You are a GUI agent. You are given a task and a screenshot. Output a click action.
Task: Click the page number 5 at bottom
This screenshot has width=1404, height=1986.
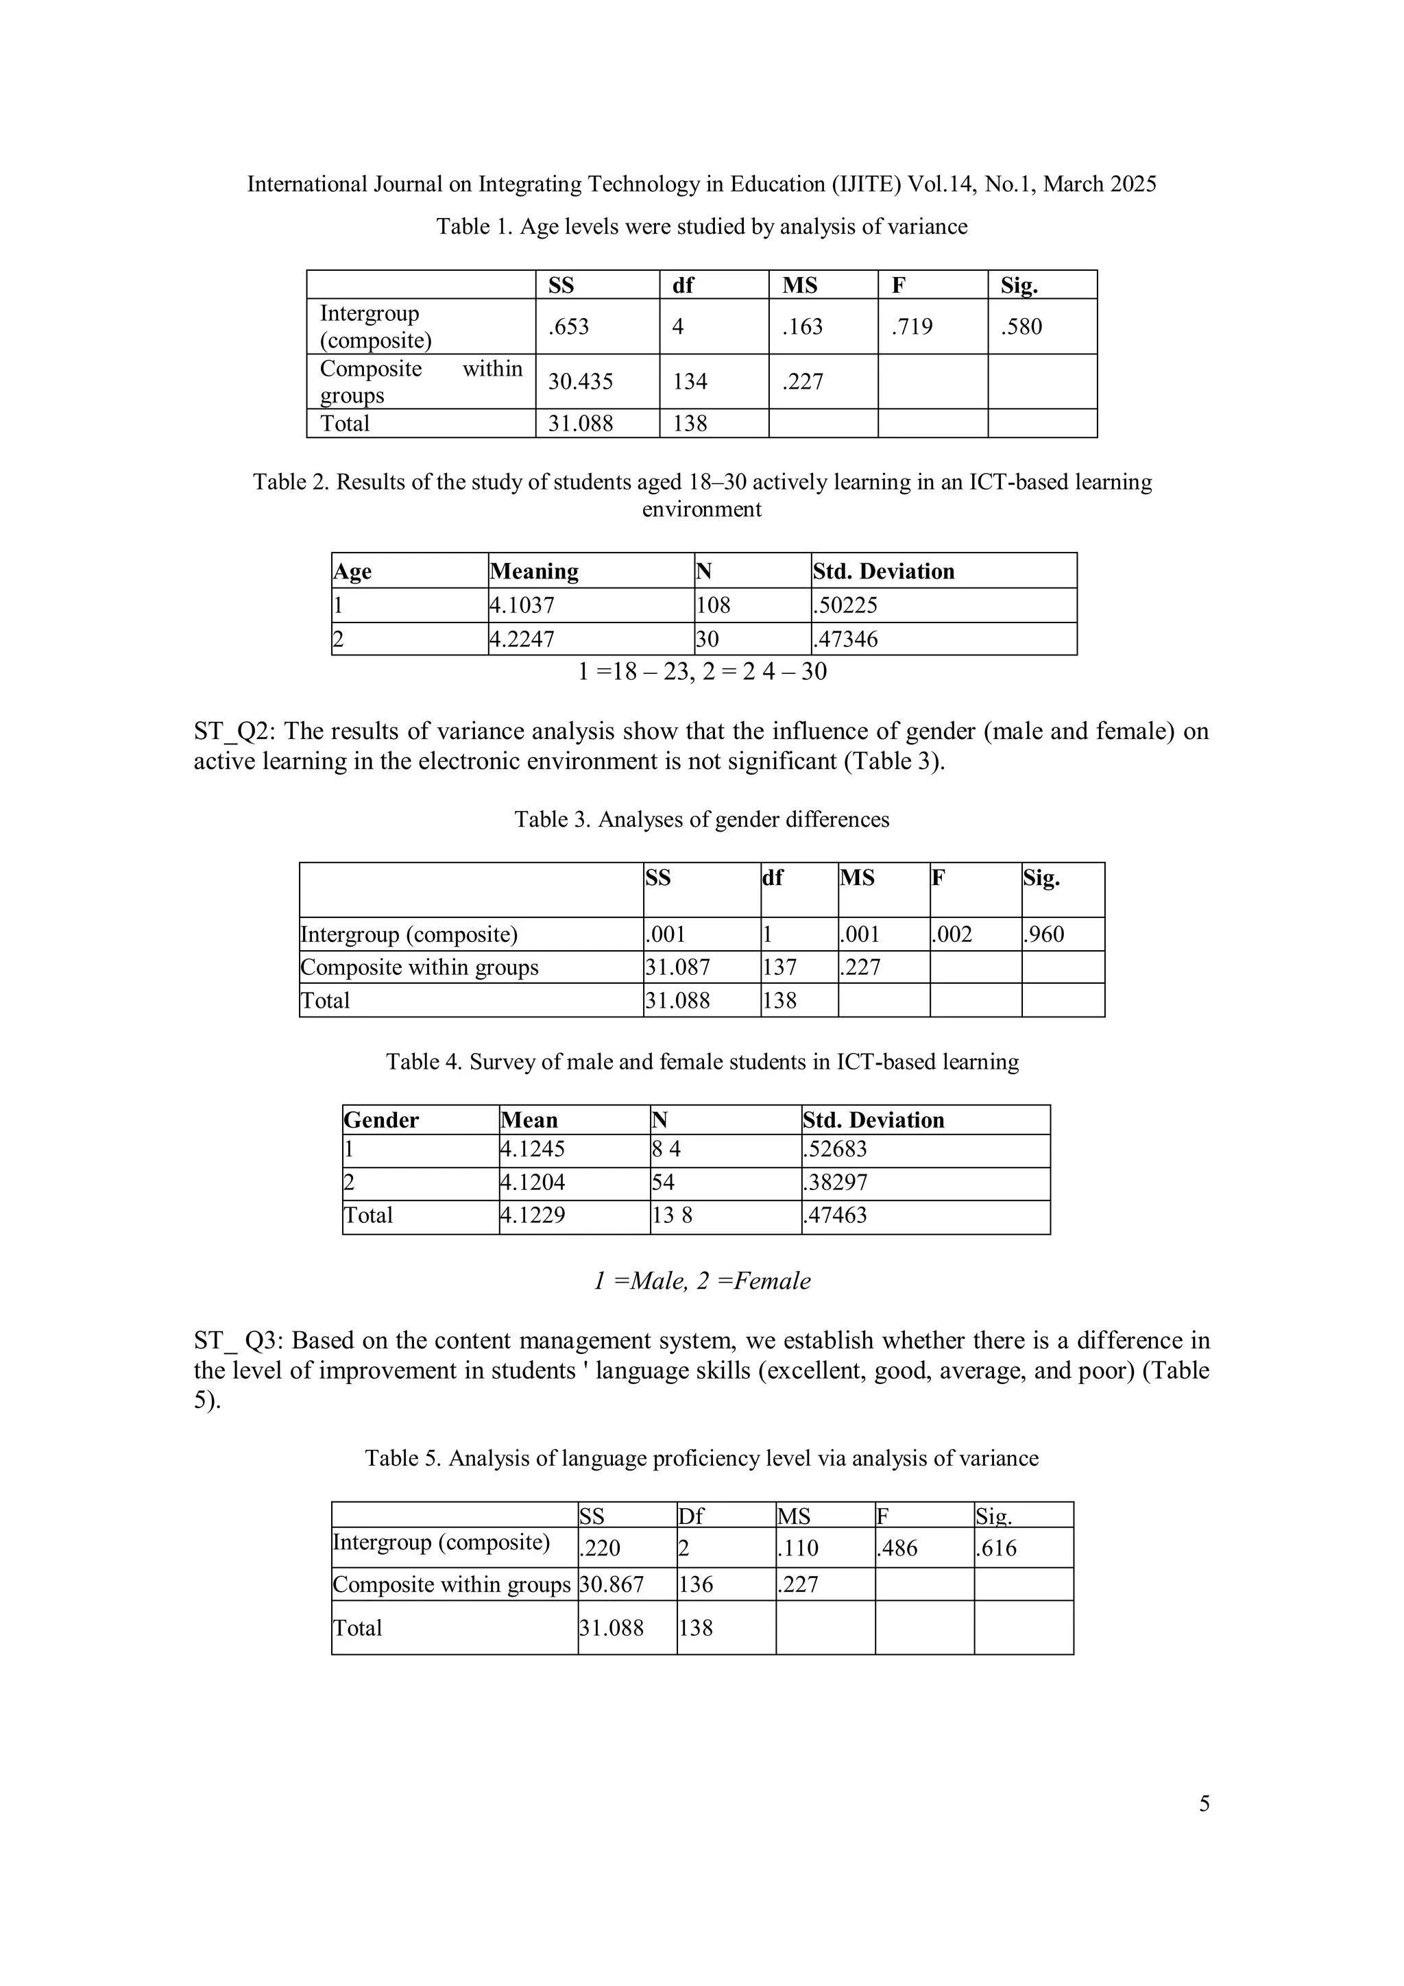click(1205, 1804)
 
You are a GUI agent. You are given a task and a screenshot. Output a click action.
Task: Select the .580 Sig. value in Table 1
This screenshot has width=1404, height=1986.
click(1021, 327)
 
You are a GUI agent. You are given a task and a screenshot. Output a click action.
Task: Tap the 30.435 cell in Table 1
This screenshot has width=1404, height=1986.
click(581, 381)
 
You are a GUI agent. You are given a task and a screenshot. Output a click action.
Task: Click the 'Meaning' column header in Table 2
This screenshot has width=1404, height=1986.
click(534, 572)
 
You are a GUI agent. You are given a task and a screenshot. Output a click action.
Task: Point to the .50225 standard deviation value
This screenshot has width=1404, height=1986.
click(845, 605)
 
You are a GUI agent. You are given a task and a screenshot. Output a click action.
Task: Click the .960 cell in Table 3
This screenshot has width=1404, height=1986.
click(1043, 934)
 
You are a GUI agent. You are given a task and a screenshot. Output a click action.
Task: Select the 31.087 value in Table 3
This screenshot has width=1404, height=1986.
click(677, 967)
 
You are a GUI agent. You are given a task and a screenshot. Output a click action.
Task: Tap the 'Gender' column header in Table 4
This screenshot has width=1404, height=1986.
click(380, 1120)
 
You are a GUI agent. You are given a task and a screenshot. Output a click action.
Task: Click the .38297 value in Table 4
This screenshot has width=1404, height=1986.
click(835, 1183)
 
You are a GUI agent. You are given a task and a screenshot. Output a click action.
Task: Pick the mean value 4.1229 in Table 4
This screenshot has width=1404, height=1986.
click(533, 1215)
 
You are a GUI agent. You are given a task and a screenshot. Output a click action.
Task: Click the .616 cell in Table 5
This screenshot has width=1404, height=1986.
click(997, 1549)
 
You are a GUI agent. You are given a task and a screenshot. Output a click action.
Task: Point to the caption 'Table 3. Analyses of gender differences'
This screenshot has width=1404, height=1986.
click(701, 819)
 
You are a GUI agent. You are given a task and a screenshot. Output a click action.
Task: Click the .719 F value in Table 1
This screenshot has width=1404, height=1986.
click(912, 327)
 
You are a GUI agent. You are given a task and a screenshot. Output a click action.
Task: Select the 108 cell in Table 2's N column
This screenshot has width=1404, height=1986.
click(713, 605)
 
